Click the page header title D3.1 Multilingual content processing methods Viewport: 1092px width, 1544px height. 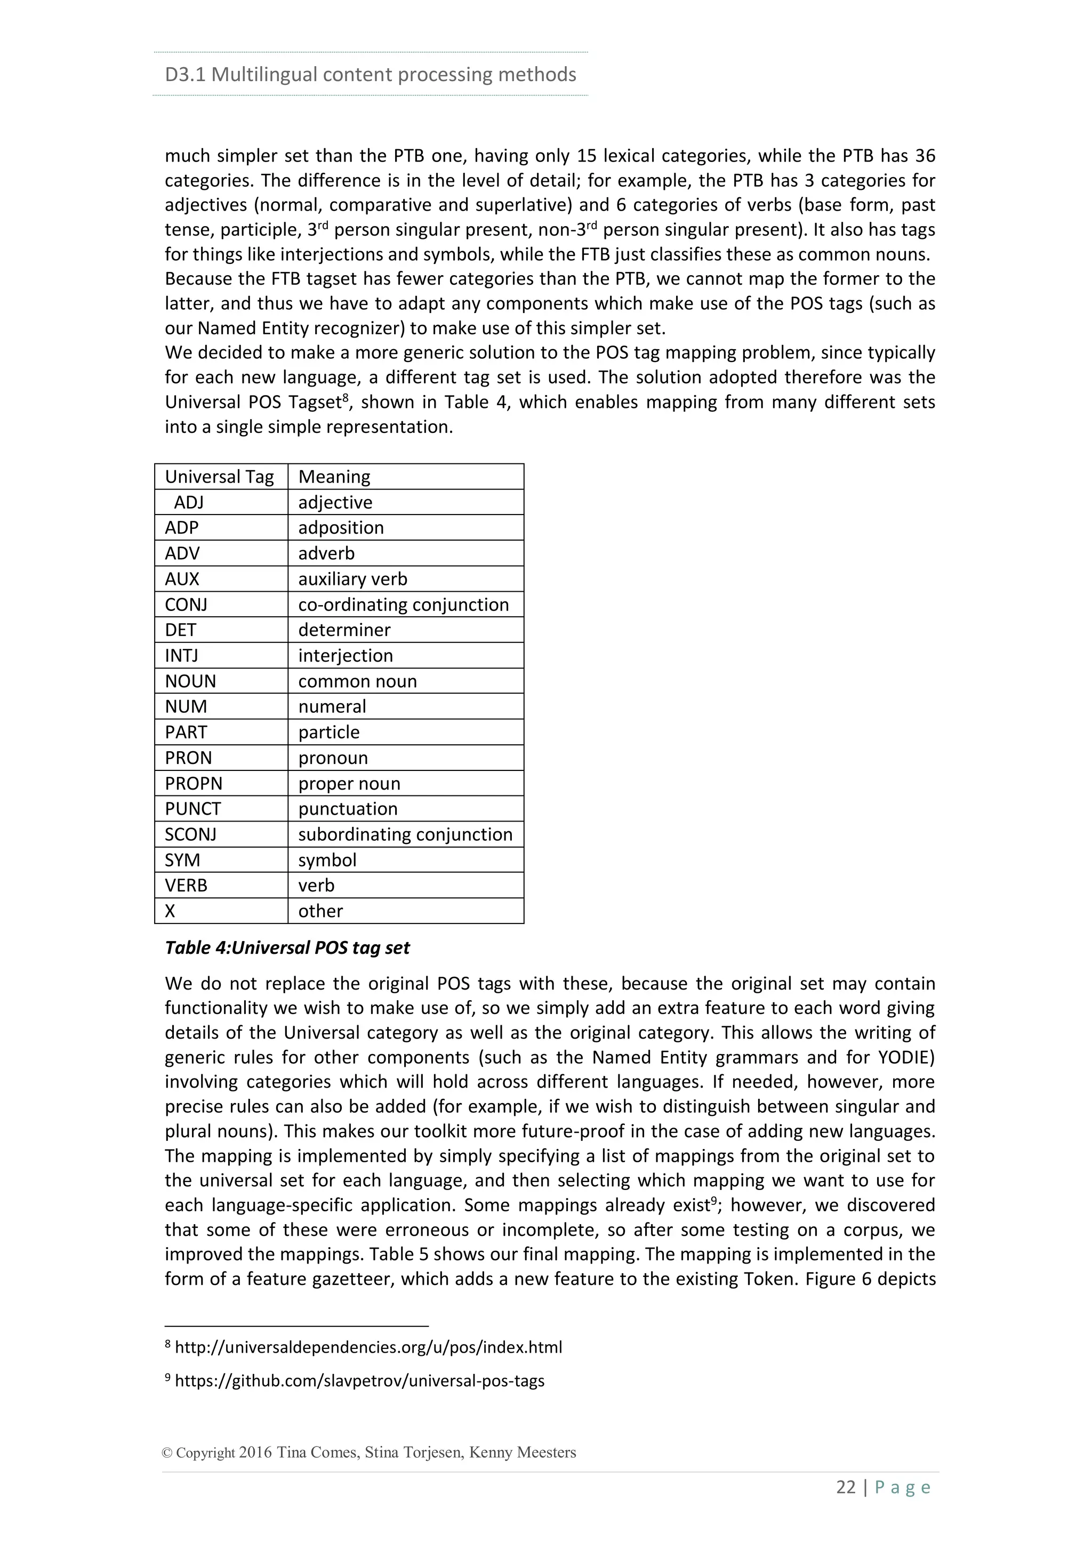370,74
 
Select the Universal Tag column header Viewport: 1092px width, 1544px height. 219,477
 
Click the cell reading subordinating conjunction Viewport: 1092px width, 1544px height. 405,834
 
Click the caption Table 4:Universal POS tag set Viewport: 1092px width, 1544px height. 287,948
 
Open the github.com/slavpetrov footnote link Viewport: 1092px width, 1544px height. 359,1381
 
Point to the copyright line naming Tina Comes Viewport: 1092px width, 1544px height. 369,1452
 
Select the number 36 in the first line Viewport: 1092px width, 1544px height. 925,156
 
